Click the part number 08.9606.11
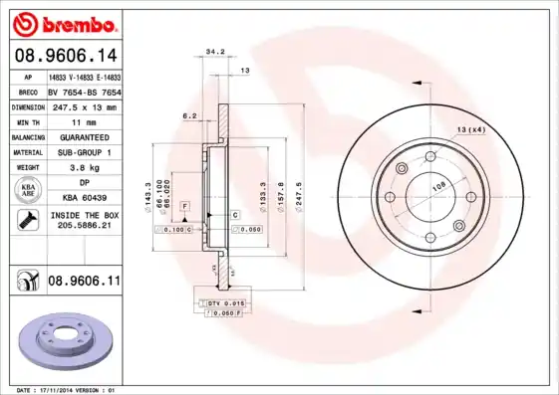84,283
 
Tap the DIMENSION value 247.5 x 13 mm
84,106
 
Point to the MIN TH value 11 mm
84,121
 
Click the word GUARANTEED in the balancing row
84,136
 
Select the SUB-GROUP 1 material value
84,152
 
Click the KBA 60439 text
84,198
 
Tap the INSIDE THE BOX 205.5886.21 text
84,221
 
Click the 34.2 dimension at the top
214,51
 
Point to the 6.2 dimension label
189,116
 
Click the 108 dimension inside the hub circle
436,186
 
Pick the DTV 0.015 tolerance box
225,302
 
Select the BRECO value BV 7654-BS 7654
84,91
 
